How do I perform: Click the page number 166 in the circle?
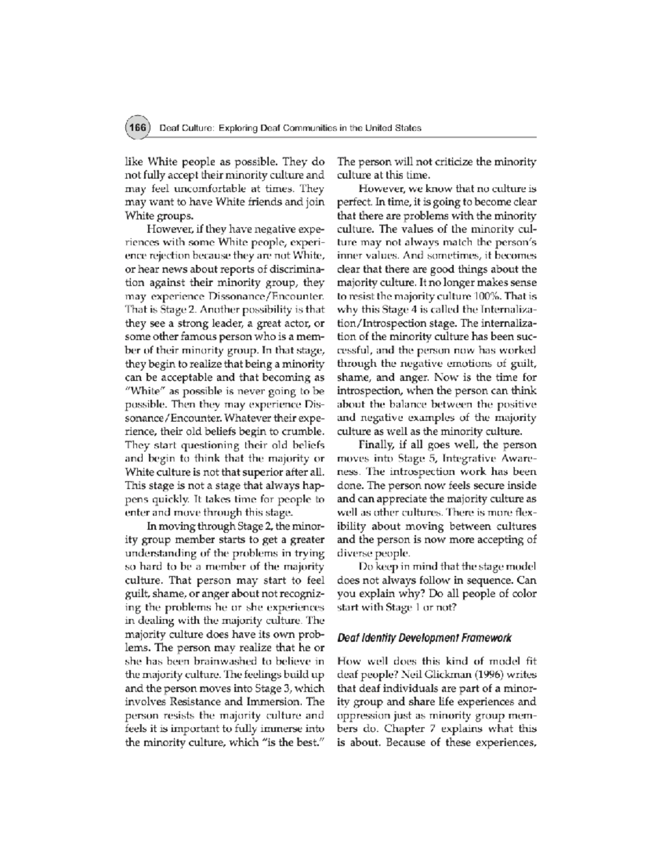(137, 128)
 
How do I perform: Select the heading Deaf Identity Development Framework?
(424, 638)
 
